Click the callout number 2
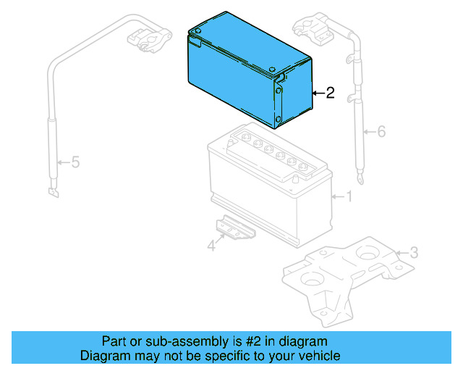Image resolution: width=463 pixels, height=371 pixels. point(330,93)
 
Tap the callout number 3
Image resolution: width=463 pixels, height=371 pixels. point(413,253)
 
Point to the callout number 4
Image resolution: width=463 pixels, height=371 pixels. point(211,246)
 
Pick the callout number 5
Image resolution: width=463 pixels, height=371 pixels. point(75,162)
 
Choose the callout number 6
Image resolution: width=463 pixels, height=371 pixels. point(381,131)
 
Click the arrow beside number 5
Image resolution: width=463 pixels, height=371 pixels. point(63,162)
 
